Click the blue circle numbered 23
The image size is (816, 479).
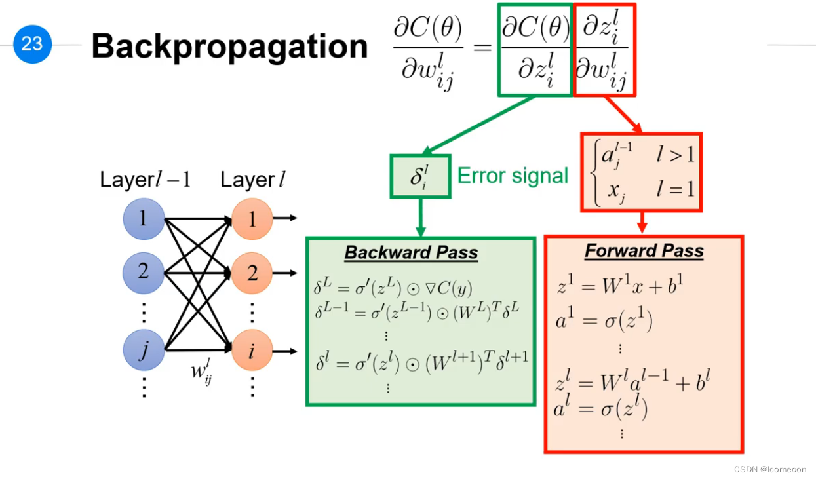pos(32,44)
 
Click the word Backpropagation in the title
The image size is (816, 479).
pos(229,47)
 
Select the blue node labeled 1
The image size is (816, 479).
pos(144,219)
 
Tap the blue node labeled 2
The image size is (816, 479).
pos(143,273)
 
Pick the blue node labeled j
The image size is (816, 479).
pos(144,350)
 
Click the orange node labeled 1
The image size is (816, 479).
pos(252,219)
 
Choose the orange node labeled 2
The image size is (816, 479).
pos(252,273)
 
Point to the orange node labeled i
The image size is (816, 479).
pos(252,350)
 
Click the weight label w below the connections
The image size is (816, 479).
pos(201,372)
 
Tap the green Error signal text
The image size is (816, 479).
pos(513,176)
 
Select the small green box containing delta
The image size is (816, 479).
pos(420,177)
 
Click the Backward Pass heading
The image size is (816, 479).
pos(411,252)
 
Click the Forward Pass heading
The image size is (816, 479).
pos(644,250)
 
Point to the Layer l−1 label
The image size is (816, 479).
pos(145,180)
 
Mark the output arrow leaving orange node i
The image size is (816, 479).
pos(285,351)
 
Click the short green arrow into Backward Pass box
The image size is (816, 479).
pos(421,218)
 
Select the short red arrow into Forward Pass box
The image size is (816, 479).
pos(642,222)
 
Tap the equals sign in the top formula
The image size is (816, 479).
pos(482,47)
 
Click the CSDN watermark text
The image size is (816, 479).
pos(769,470)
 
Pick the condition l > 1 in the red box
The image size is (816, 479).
pos(675,155)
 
